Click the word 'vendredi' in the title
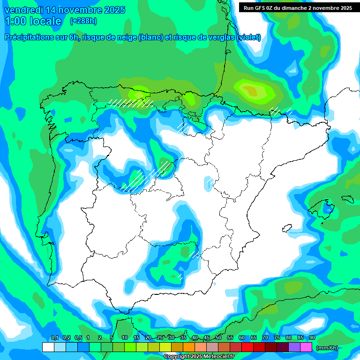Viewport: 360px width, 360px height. (x=22, y=10)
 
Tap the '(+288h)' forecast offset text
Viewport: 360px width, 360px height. (x=83, y=21)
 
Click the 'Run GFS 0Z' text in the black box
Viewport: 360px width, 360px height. (x=258, y=8)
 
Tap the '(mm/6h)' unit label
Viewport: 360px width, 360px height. (x=327, y=348)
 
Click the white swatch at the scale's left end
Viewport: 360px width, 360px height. (x=48, y=347)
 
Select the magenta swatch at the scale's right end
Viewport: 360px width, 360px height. (x=306, y=347)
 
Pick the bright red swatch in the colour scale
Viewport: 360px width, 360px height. (x=247, y=347)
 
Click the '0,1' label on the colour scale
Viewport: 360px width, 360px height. (x=54, y=338)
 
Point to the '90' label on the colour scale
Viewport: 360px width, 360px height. (x=312, y=338)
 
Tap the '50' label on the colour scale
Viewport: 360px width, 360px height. (x=218, y=338)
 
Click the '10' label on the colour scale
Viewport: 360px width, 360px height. (x=124, y=338)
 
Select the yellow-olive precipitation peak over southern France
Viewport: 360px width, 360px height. (x=253, y=90)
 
